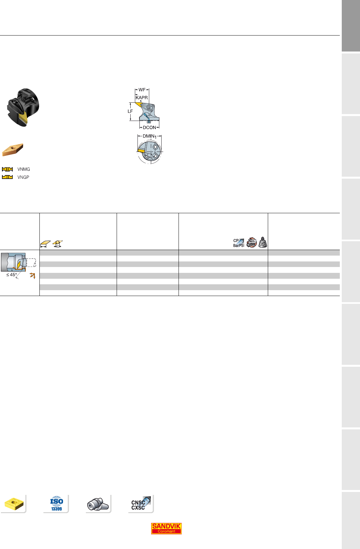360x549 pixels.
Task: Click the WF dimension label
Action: point(142,90)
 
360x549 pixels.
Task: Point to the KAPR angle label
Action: point(141,97)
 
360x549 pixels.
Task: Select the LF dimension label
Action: point(130,111)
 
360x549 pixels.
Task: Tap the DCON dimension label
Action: point(150,127)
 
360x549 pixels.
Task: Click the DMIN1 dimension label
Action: point(150,136)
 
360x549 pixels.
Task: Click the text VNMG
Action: point(23,169)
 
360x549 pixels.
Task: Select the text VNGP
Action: point(23,177)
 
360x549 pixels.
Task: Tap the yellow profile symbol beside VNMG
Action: point(7,169)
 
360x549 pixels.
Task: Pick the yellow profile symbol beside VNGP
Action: point(7,177)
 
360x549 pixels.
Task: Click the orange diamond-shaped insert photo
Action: point(13,150)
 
